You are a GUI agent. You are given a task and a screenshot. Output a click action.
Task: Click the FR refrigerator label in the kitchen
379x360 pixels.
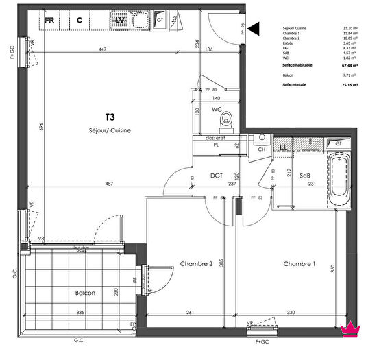click(50, 20)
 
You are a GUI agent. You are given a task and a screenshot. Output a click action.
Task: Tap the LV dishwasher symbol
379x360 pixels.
click(119, 20)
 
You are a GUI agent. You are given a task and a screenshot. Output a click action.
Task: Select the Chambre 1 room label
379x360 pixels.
click(299, 264)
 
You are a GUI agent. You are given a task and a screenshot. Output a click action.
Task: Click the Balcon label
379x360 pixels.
click(86, 293)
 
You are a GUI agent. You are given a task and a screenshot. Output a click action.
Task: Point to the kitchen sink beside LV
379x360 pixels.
click(141, 21)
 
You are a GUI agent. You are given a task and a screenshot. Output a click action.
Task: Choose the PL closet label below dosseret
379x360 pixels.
click(216, 146)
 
